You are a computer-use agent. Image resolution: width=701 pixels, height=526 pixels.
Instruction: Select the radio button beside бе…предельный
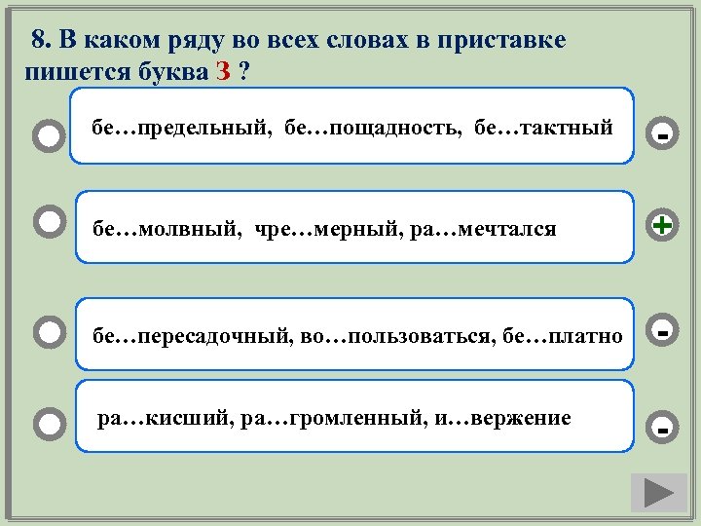click(47, 136)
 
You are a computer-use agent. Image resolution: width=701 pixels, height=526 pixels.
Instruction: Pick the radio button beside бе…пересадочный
click(47, 333)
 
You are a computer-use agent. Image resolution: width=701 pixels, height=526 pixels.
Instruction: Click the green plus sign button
click(662, 226)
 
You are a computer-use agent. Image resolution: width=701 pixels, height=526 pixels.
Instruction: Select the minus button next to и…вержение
click(662, 426)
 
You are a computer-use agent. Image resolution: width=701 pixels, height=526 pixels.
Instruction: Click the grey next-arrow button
click(658, 492)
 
